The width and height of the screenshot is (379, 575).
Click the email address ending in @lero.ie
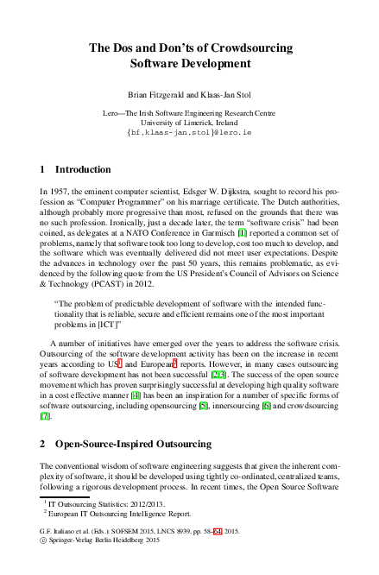[189, 134]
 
